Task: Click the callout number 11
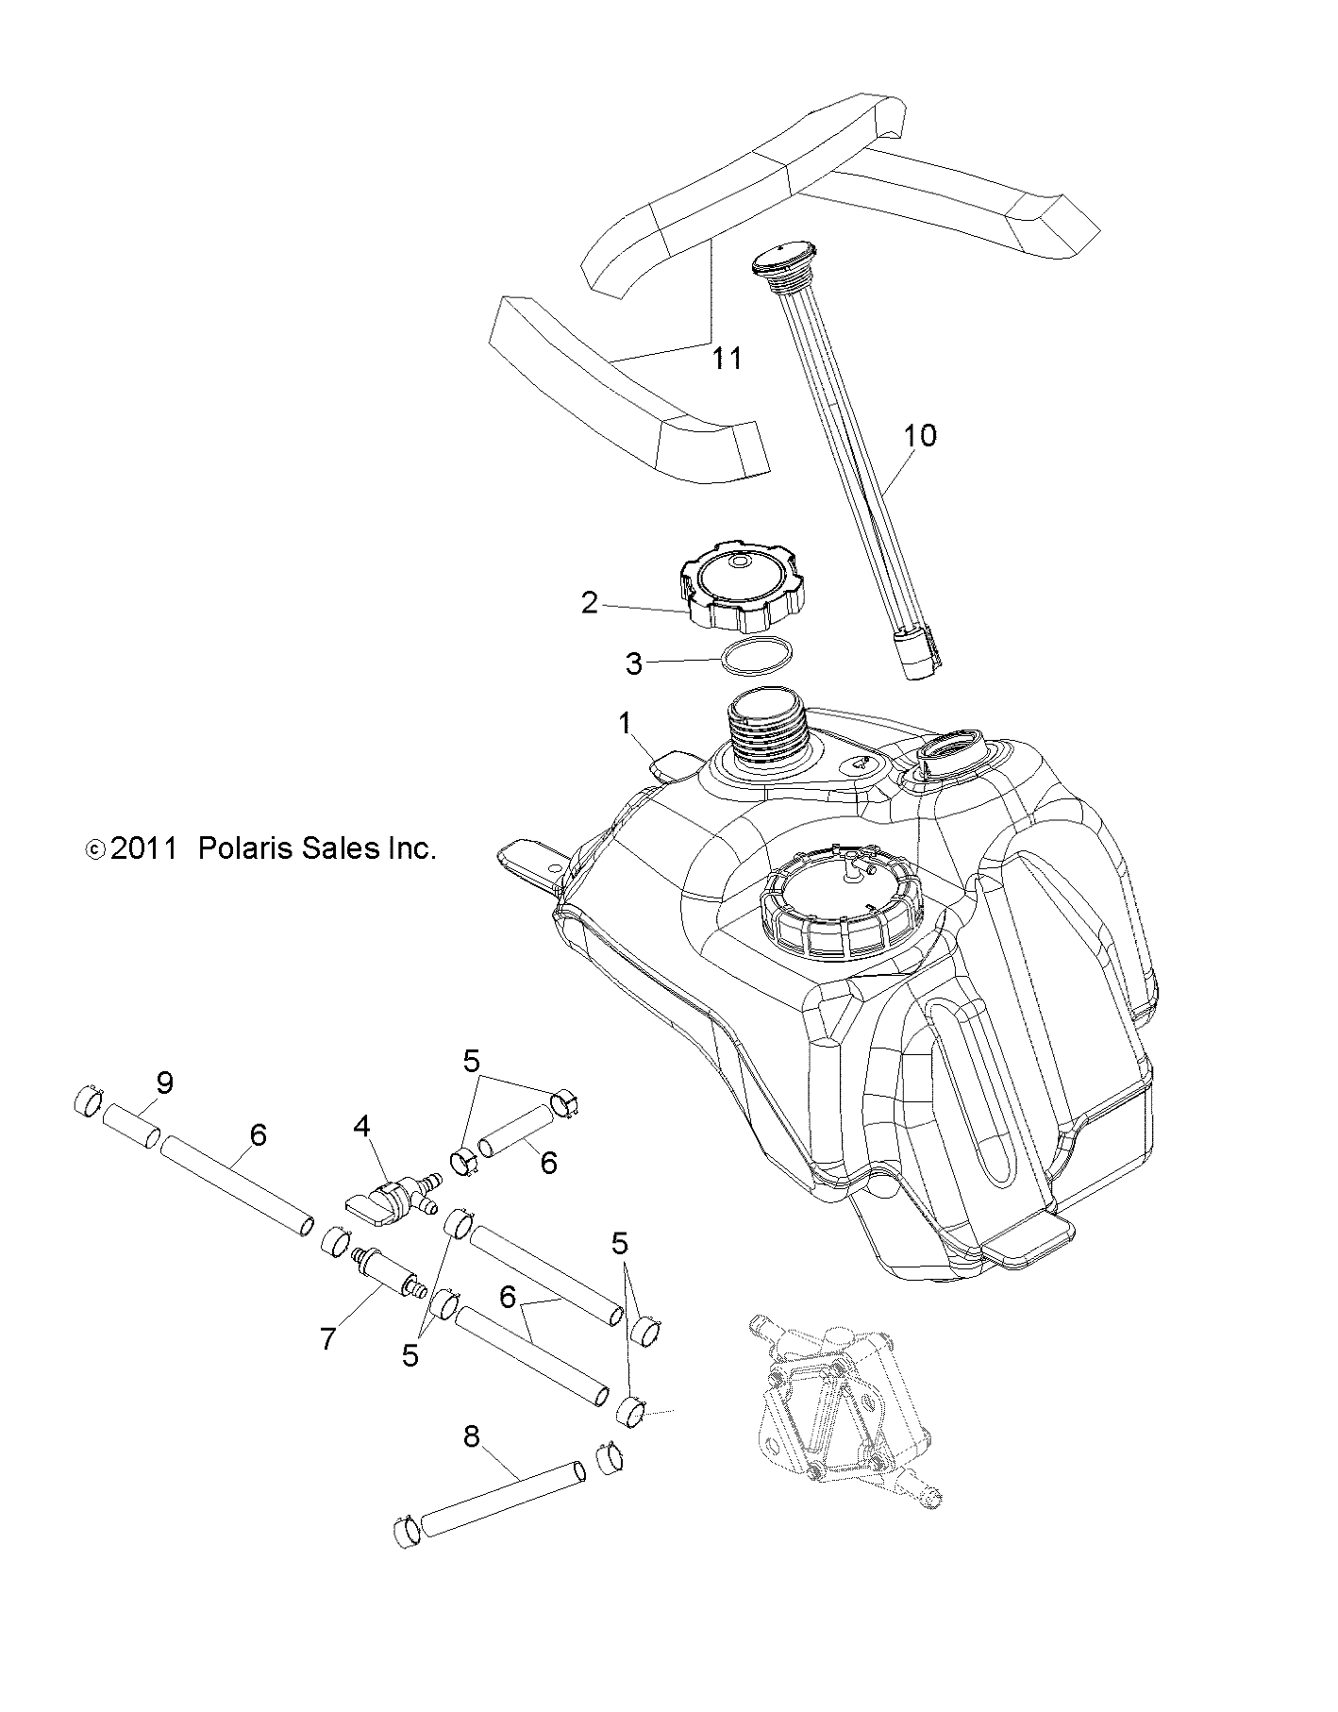(x=727, y=359)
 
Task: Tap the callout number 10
(x=920, y=435)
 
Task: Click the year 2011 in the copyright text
(x=143, y=848)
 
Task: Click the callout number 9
(x=164, y=1082)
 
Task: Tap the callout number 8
(x=472, y=1436)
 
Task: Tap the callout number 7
(x=327, y=1337)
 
